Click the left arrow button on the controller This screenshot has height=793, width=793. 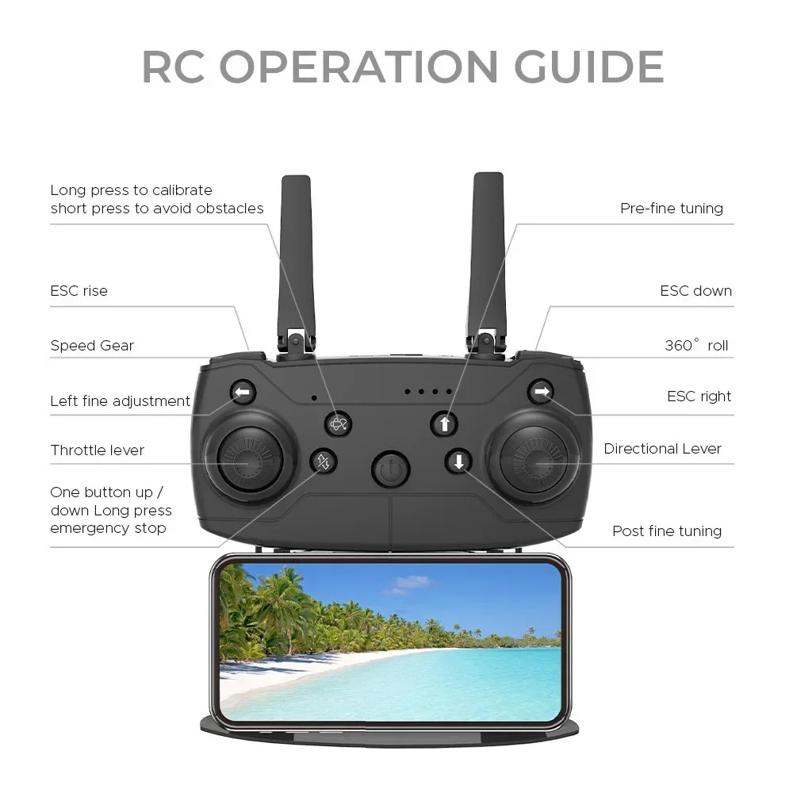click(x=243, y=392)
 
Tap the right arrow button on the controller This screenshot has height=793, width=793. click(x=541, y=391)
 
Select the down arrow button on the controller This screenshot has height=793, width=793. click(x=458, y=461)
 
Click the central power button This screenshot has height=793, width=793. click(x=390, y=469)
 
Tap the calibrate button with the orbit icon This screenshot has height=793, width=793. click(x=339, y=424)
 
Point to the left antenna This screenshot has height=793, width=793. click(x=297, y=254)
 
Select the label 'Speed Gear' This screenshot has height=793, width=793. click(x=92, y=346)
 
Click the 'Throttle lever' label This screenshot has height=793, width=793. click(x=97, y=450)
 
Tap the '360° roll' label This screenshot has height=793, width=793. click(x=695, y=346)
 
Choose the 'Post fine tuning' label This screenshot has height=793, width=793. click(x=666, y=531)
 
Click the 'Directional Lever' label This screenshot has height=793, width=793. click(x=662, y=449)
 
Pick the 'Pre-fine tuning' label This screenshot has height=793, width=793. click(x=671, y=209)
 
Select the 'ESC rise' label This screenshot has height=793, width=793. click(x=79, y=291)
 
